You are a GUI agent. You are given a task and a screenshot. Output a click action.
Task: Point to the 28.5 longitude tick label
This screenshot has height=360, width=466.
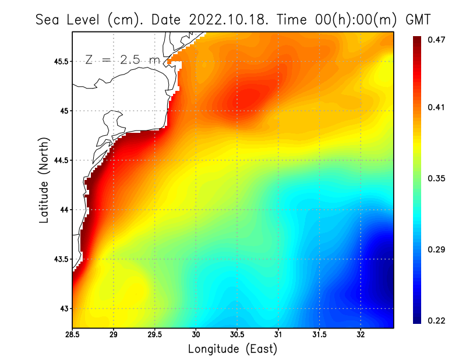72,335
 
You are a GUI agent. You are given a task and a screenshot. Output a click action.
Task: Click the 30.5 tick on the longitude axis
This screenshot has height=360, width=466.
237,335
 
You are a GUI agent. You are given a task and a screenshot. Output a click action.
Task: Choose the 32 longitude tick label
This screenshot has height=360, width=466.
361,335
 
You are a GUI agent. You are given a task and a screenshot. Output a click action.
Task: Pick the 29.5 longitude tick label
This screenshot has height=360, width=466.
155,335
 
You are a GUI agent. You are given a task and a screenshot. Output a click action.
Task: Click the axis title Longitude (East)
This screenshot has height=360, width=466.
232,349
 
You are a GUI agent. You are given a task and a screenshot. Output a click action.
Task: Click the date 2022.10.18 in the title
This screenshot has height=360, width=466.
227,20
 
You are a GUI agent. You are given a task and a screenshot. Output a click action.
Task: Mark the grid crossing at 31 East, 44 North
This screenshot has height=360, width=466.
278,210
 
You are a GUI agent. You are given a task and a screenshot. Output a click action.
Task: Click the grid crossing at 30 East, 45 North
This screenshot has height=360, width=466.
196,111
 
